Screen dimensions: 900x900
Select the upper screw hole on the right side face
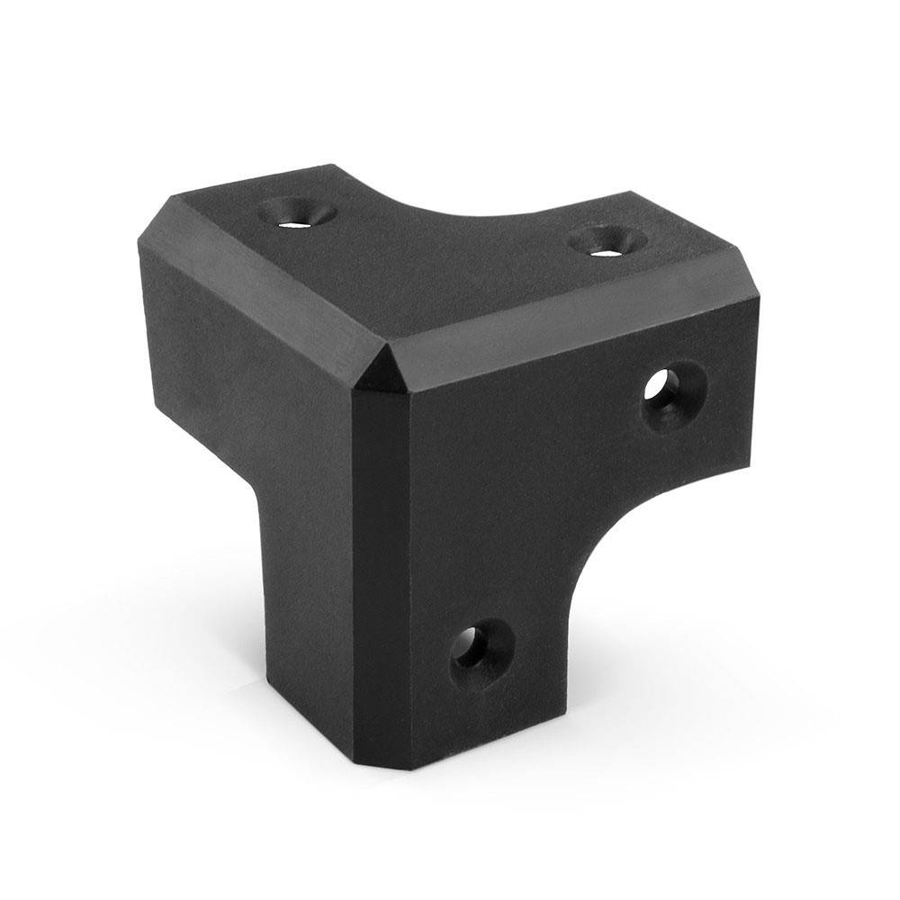(673, 396)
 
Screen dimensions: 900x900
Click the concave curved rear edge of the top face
(468, 202)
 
